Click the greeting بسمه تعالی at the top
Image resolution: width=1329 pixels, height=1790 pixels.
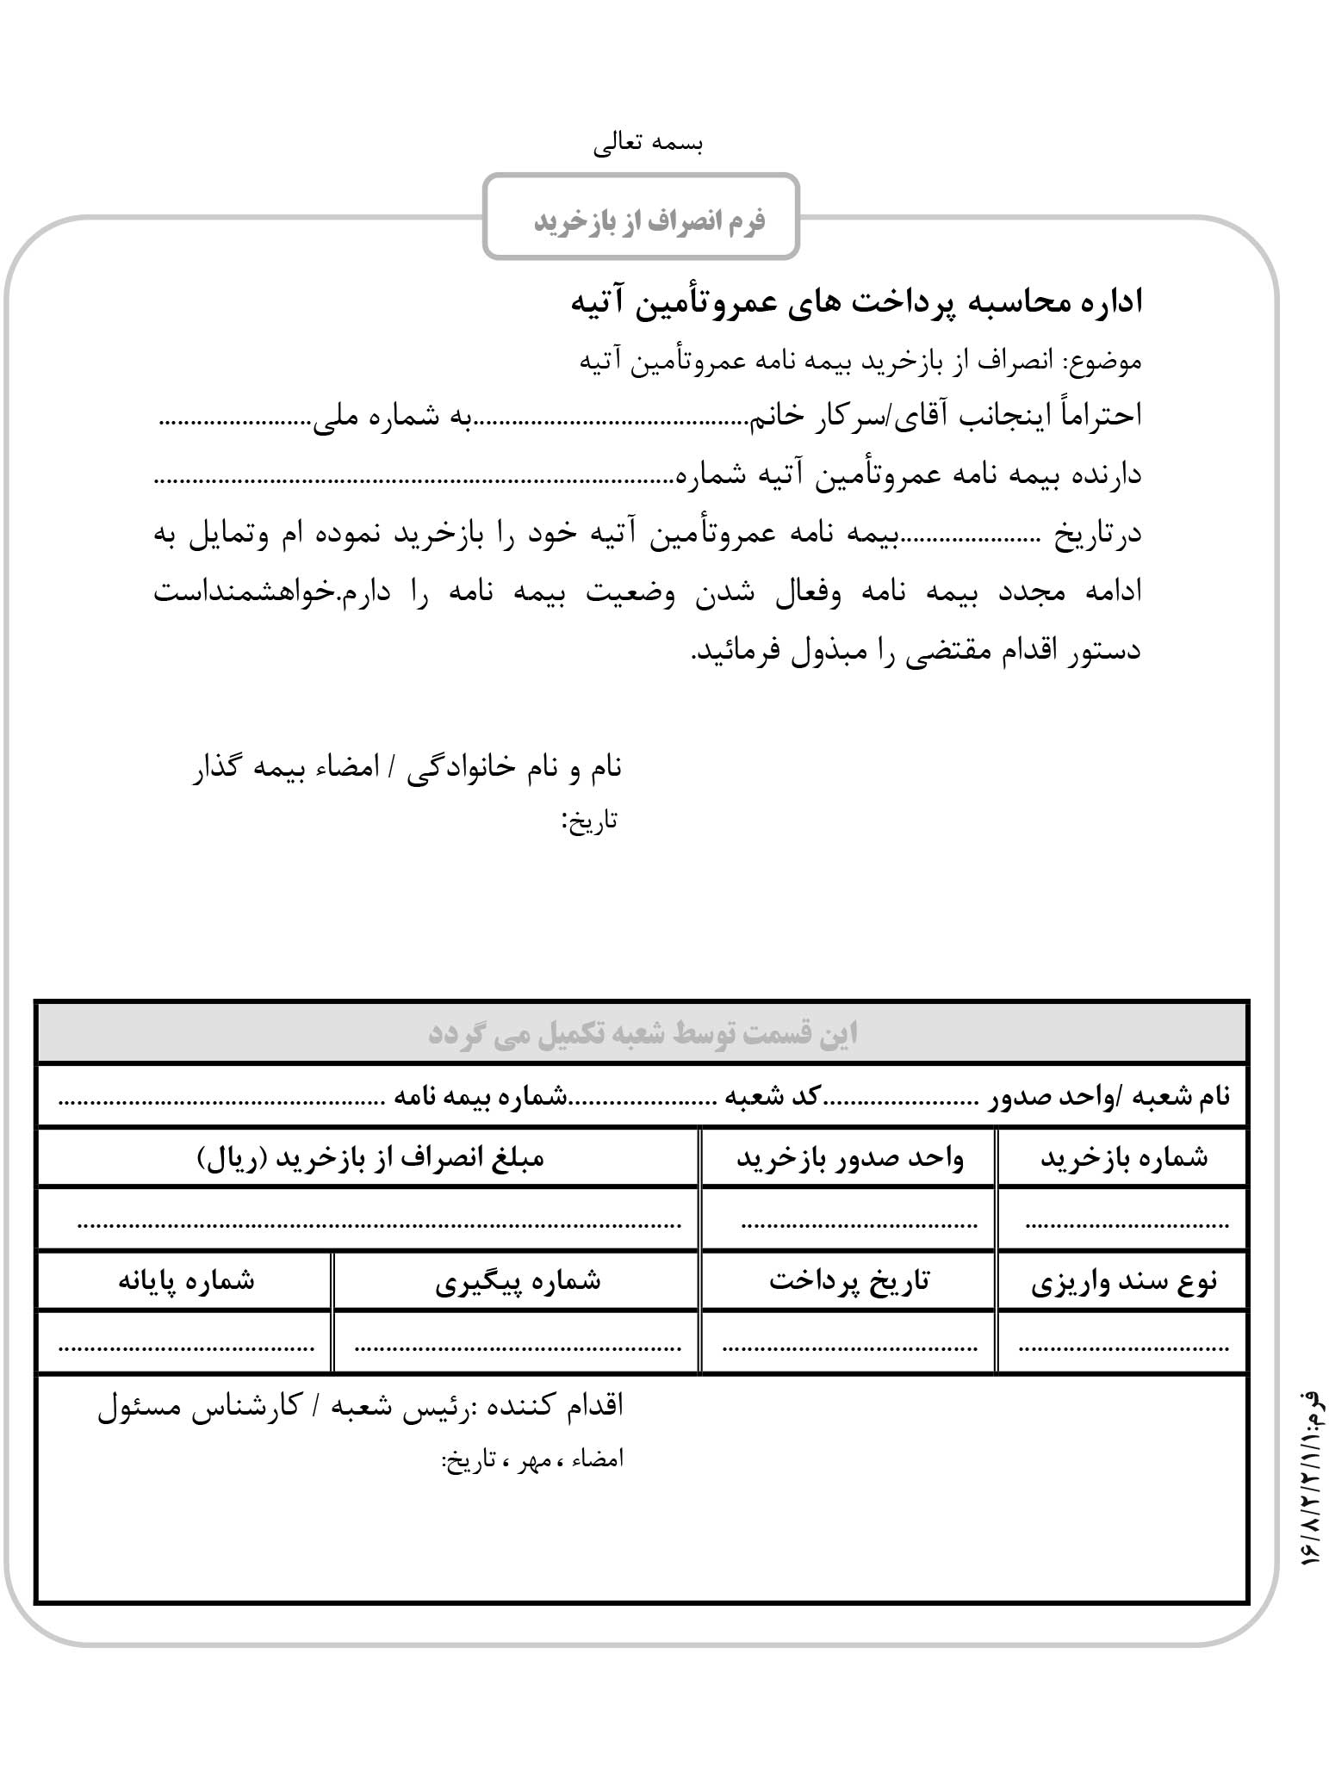(x=649, y=144)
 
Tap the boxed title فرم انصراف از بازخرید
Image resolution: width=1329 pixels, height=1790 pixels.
(x=649, y=220)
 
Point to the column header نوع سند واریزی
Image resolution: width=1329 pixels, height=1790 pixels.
(x=1123, y=1282)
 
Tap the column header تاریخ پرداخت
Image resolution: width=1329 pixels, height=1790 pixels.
(x=849, y=1282)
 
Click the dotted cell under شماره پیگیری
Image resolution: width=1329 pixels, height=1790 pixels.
(x=517, y=1343)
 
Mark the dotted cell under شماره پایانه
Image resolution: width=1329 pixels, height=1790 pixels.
(x=186, y=1343)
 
